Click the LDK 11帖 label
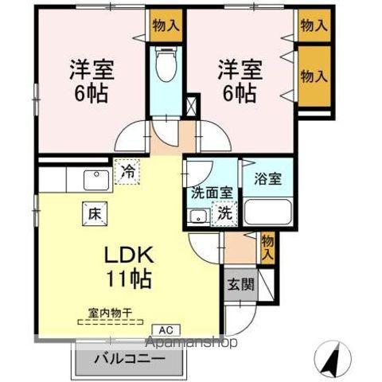pos(128,267)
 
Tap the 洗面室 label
pos(209,192)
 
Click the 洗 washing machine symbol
pos(225,212)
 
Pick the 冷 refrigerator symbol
pos(128,170)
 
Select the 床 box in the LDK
pos(92,212)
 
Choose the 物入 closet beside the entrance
pos(267,247)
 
